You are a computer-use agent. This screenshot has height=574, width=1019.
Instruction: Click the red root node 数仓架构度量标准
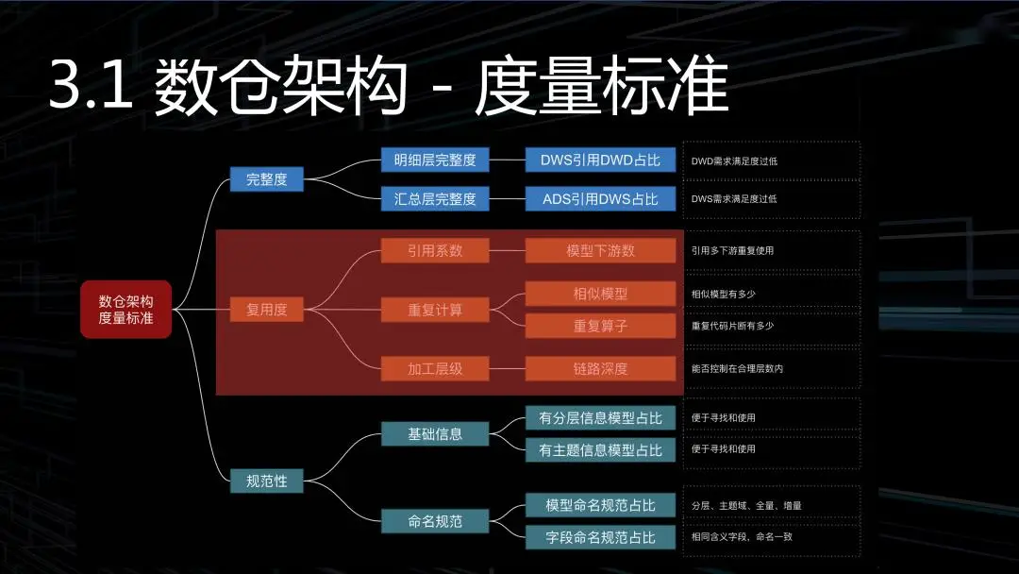(125, 309)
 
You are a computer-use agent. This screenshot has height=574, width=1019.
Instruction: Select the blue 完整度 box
(266, 178)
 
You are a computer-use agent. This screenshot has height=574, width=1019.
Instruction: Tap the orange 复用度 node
(266, 309)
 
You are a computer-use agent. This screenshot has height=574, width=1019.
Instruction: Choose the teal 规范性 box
(266, 481)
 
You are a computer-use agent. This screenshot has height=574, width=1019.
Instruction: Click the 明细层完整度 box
(435, 160)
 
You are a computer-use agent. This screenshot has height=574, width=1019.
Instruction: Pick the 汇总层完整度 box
(435, 198)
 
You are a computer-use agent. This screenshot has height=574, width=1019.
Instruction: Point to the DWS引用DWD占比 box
(600, 160)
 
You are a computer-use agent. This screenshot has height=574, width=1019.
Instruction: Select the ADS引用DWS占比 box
(600, 198)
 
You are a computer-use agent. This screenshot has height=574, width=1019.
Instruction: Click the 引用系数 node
(435, 250)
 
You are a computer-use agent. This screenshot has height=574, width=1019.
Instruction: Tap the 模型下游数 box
(600, 250)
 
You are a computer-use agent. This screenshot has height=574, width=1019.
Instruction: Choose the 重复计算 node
(435, 309)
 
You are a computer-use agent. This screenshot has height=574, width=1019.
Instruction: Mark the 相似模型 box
(600, 294)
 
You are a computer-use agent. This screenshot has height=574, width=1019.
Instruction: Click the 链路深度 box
(600, 368)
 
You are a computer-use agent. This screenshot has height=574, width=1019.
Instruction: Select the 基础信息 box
(435, 433)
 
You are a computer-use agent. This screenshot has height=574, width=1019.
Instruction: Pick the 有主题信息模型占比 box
(600, 450)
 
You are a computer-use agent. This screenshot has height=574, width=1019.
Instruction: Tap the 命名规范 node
(435, 520)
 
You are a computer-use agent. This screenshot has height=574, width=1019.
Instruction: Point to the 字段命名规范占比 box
(600, 537)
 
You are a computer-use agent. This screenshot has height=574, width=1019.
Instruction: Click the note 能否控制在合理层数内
(737, 368)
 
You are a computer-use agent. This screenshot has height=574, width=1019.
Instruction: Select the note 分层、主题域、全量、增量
(746, 505)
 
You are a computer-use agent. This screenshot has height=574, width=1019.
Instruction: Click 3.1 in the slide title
(90, 88)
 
